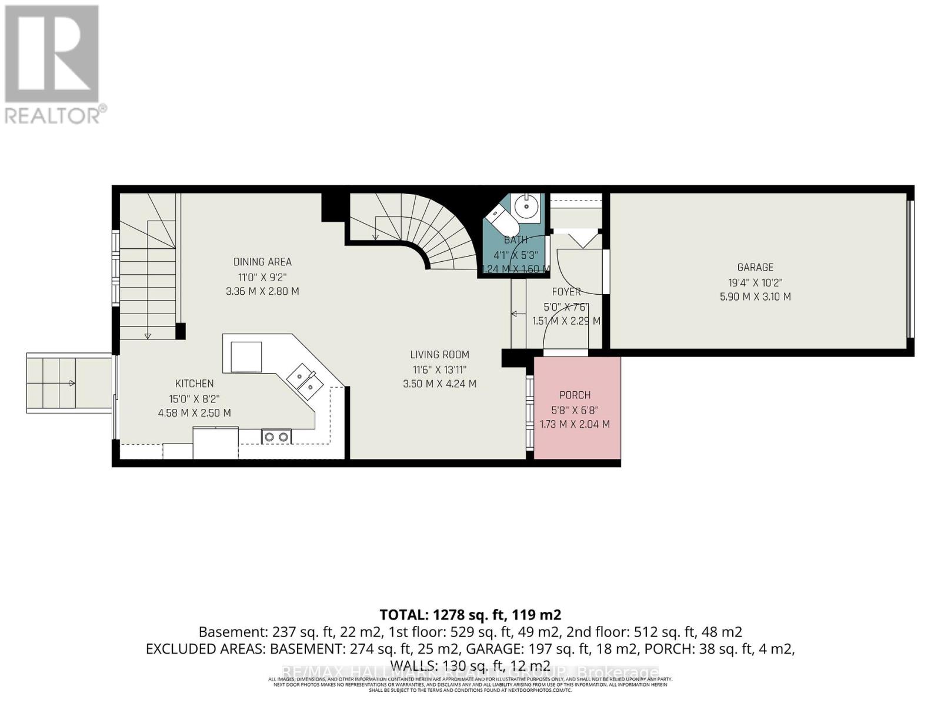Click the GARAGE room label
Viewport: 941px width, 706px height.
point(755,267)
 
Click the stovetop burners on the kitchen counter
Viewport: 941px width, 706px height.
point(276,437)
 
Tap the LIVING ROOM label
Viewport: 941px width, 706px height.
point(439,354)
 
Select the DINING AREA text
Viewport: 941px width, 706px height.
point(262,262)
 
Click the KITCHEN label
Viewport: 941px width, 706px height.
point(194,384)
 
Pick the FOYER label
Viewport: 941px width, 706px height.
point(566,292)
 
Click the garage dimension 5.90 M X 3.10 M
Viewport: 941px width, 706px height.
point(755,297)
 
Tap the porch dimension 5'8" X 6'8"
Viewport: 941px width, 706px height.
point(575,410)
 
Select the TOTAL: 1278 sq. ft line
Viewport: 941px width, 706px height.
point(470,615)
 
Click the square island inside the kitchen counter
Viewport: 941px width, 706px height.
point(246,357)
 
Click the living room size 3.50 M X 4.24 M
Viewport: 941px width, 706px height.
point(439,384)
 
